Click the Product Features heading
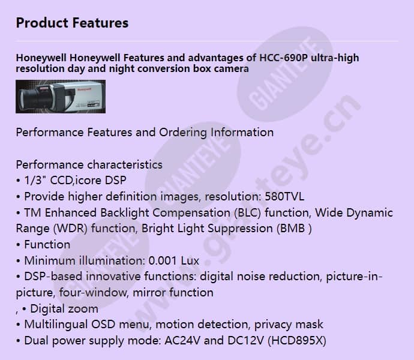coord(72,23)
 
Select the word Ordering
coord(183,132)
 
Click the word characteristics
coord(125,164)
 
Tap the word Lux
coord(188,261)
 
